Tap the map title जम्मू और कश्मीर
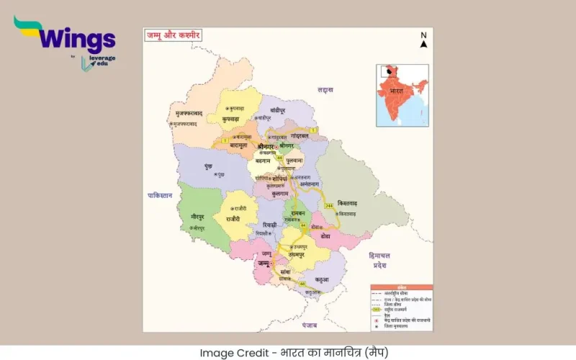tap(174, 35)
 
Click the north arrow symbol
tap(424, 40)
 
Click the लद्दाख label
tap(325, 90)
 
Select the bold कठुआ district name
tap(321, 279)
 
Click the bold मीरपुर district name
tap(198, 217)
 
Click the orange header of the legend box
tap(401, 287)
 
